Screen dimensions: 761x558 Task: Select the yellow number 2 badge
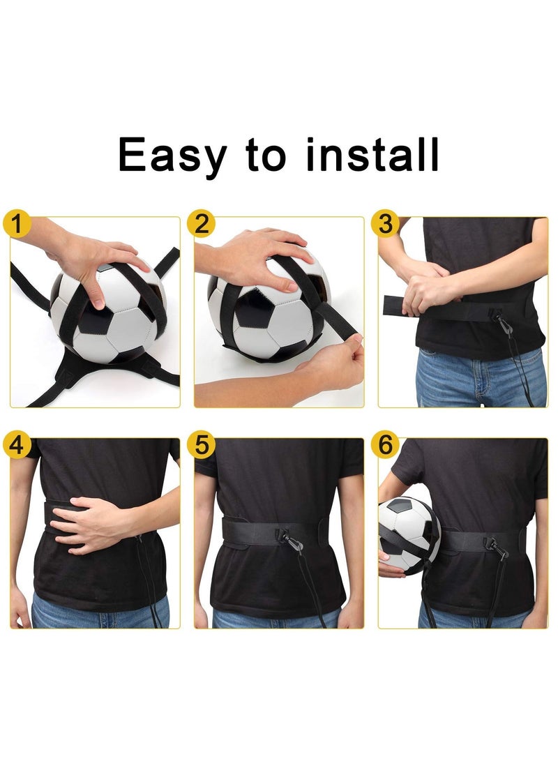click(202, 225)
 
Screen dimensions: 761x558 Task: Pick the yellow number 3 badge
click(386, 225)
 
